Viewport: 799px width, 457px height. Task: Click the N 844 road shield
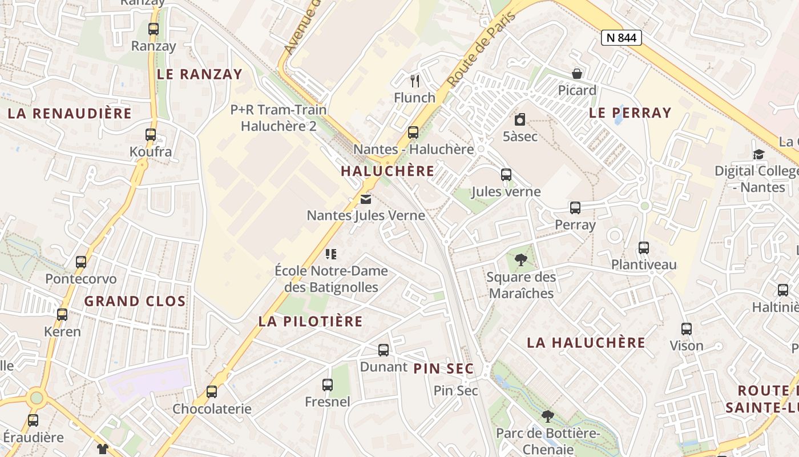click(x=622, y=38)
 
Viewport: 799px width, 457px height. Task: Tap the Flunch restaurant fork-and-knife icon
click(x=415, y=81)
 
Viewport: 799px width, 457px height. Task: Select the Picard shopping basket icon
click(x=577, y=74)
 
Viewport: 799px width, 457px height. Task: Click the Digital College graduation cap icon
click(x=758, y=154)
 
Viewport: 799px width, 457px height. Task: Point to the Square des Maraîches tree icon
click(x=520, y=260)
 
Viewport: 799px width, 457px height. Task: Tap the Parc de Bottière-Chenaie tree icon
click(x=548, y=416)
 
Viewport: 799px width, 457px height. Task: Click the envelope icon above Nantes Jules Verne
click(x=366, y=199)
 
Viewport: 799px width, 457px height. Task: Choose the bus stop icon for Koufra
click(x=151, y=135)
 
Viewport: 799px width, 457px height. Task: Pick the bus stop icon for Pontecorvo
click(x=81, y=262)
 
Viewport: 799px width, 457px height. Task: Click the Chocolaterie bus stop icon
click(x=212, y=392)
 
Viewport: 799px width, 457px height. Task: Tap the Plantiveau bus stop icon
click(x=644, y=248)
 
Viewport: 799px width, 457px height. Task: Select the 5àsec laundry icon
click(x=520, y=120)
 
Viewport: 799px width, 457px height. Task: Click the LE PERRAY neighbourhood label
click(x=630, y=113)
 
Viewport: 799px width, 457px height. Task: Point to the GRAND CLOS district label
click(x=135, y=301)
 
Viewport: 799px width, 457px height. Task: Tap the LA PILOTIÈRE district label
click(x=310, y=321)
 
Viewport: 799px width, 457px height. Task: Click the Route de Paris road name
click(x=482, y=50)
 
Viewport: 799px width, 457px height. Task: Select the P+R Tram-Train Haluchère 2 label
click(x=279, y=118)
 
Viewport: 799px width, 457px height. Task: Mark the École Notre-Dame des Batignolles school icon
click(x=331, y=254)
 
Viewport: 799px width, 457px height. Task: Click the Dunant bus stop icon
click(x=384, y=350)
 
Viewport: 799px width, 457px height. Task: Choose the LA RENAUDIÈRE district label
click(x=70, y=113)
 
